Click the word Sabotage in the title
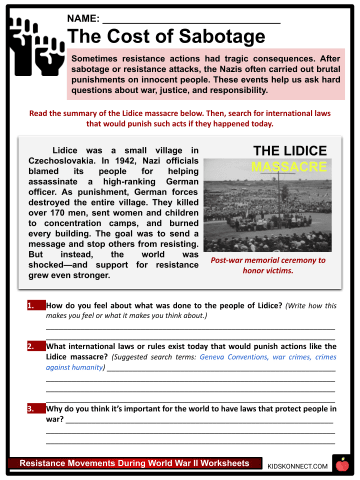[x=200, y=38]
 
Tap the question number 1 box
[x=33, y=303]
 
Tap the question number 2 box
[x=33, y=343]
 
